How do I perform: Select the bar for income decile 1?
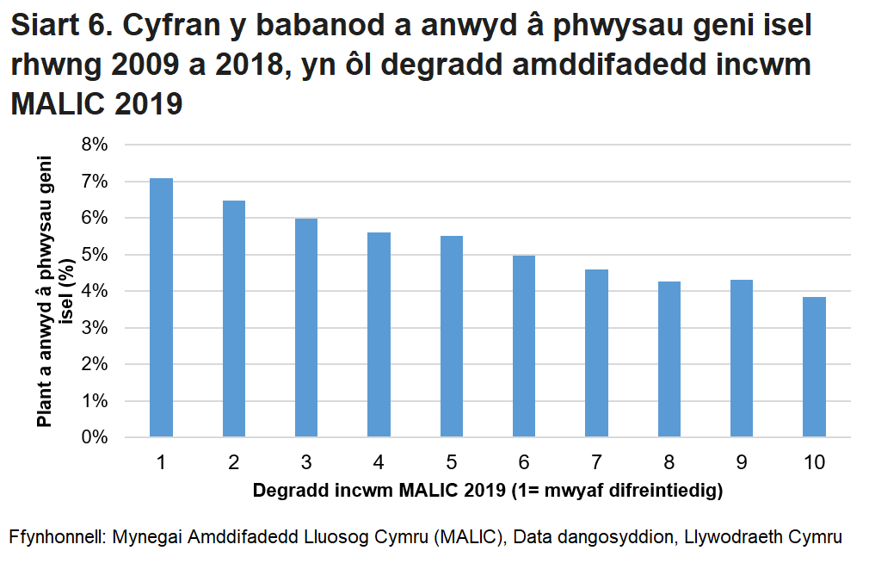pyautogui.click(x=161, y=307)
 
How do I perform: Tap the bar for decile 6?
pyautogui.click(x=524, y=346)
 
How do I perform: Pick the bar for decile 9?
pyautogui.click(x=742, y=358)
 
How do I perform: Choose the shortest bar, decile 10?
pyautogui.click(x=814, y=367)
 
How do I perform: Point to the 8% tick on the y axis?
pyautogui.click(x=94, y=145)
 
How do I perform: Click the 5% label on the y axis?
pyautogui.click(x=94, y=255)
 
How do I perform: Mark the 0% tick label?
pyautogui.click(x=94, y=437)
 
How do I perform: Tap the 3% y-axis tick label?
pyautogui.click(x=94, y=328)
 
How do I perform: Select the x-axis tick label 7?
pyautogui.click(x=596, y=462)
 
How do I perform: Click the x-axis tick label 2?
pyautogui.click(x=233, y=462)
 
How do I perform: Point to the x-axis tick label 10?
pyautogui.click(x=814, y=462)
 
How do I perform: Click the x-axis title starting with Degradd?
pyautogui.click(x=487, y=492)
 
